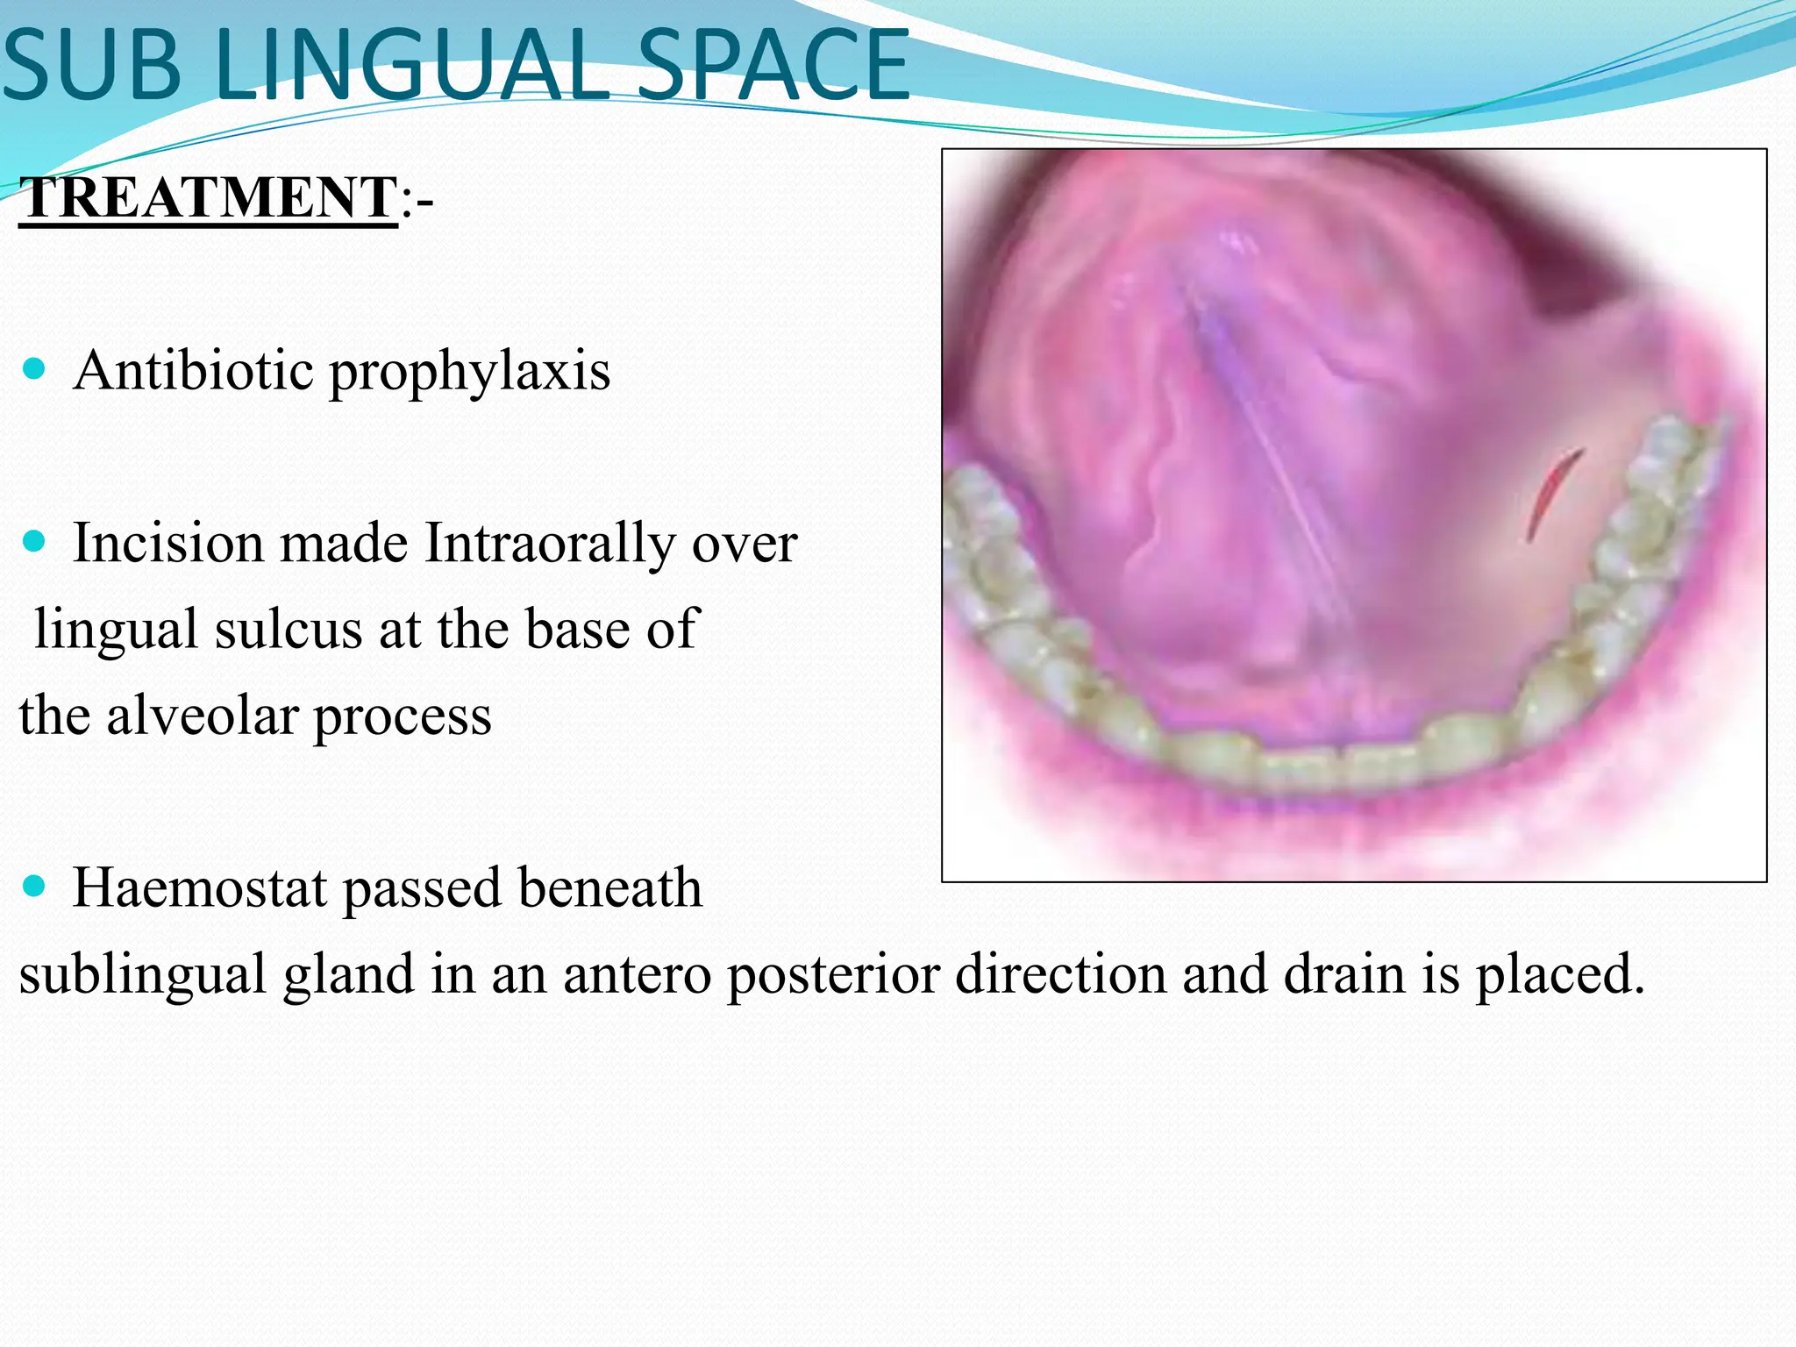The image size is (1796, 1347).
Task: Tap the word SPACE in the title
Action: pyautogui.click(x=772, y=67)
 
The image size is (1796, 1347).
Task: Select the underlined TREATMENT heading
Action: pyautogui.click(x=209, y=197)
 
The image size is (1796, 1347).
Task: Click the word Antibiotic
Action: pyautogui.click(x=194, y=370)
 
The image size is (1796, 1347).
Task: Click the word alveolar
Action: pyautogui.click(x=202, y=715)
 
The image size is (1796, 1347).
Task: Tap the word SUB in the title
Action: pyautogui.click(x=92, y=67)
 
